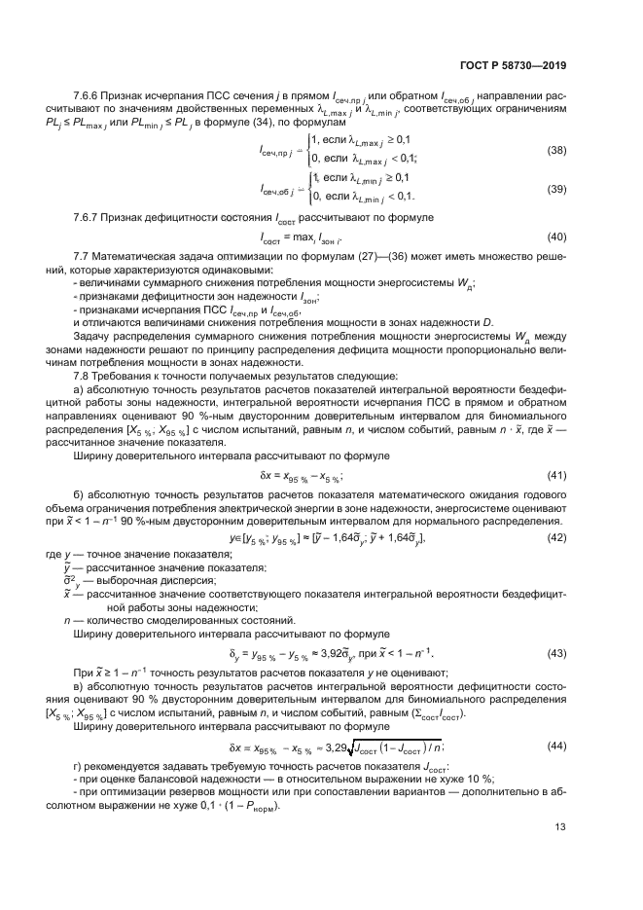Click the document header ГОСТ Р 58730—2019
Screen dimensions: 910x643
[512, 66]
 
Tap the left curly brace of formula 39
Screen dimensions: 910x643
[308, 188]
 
